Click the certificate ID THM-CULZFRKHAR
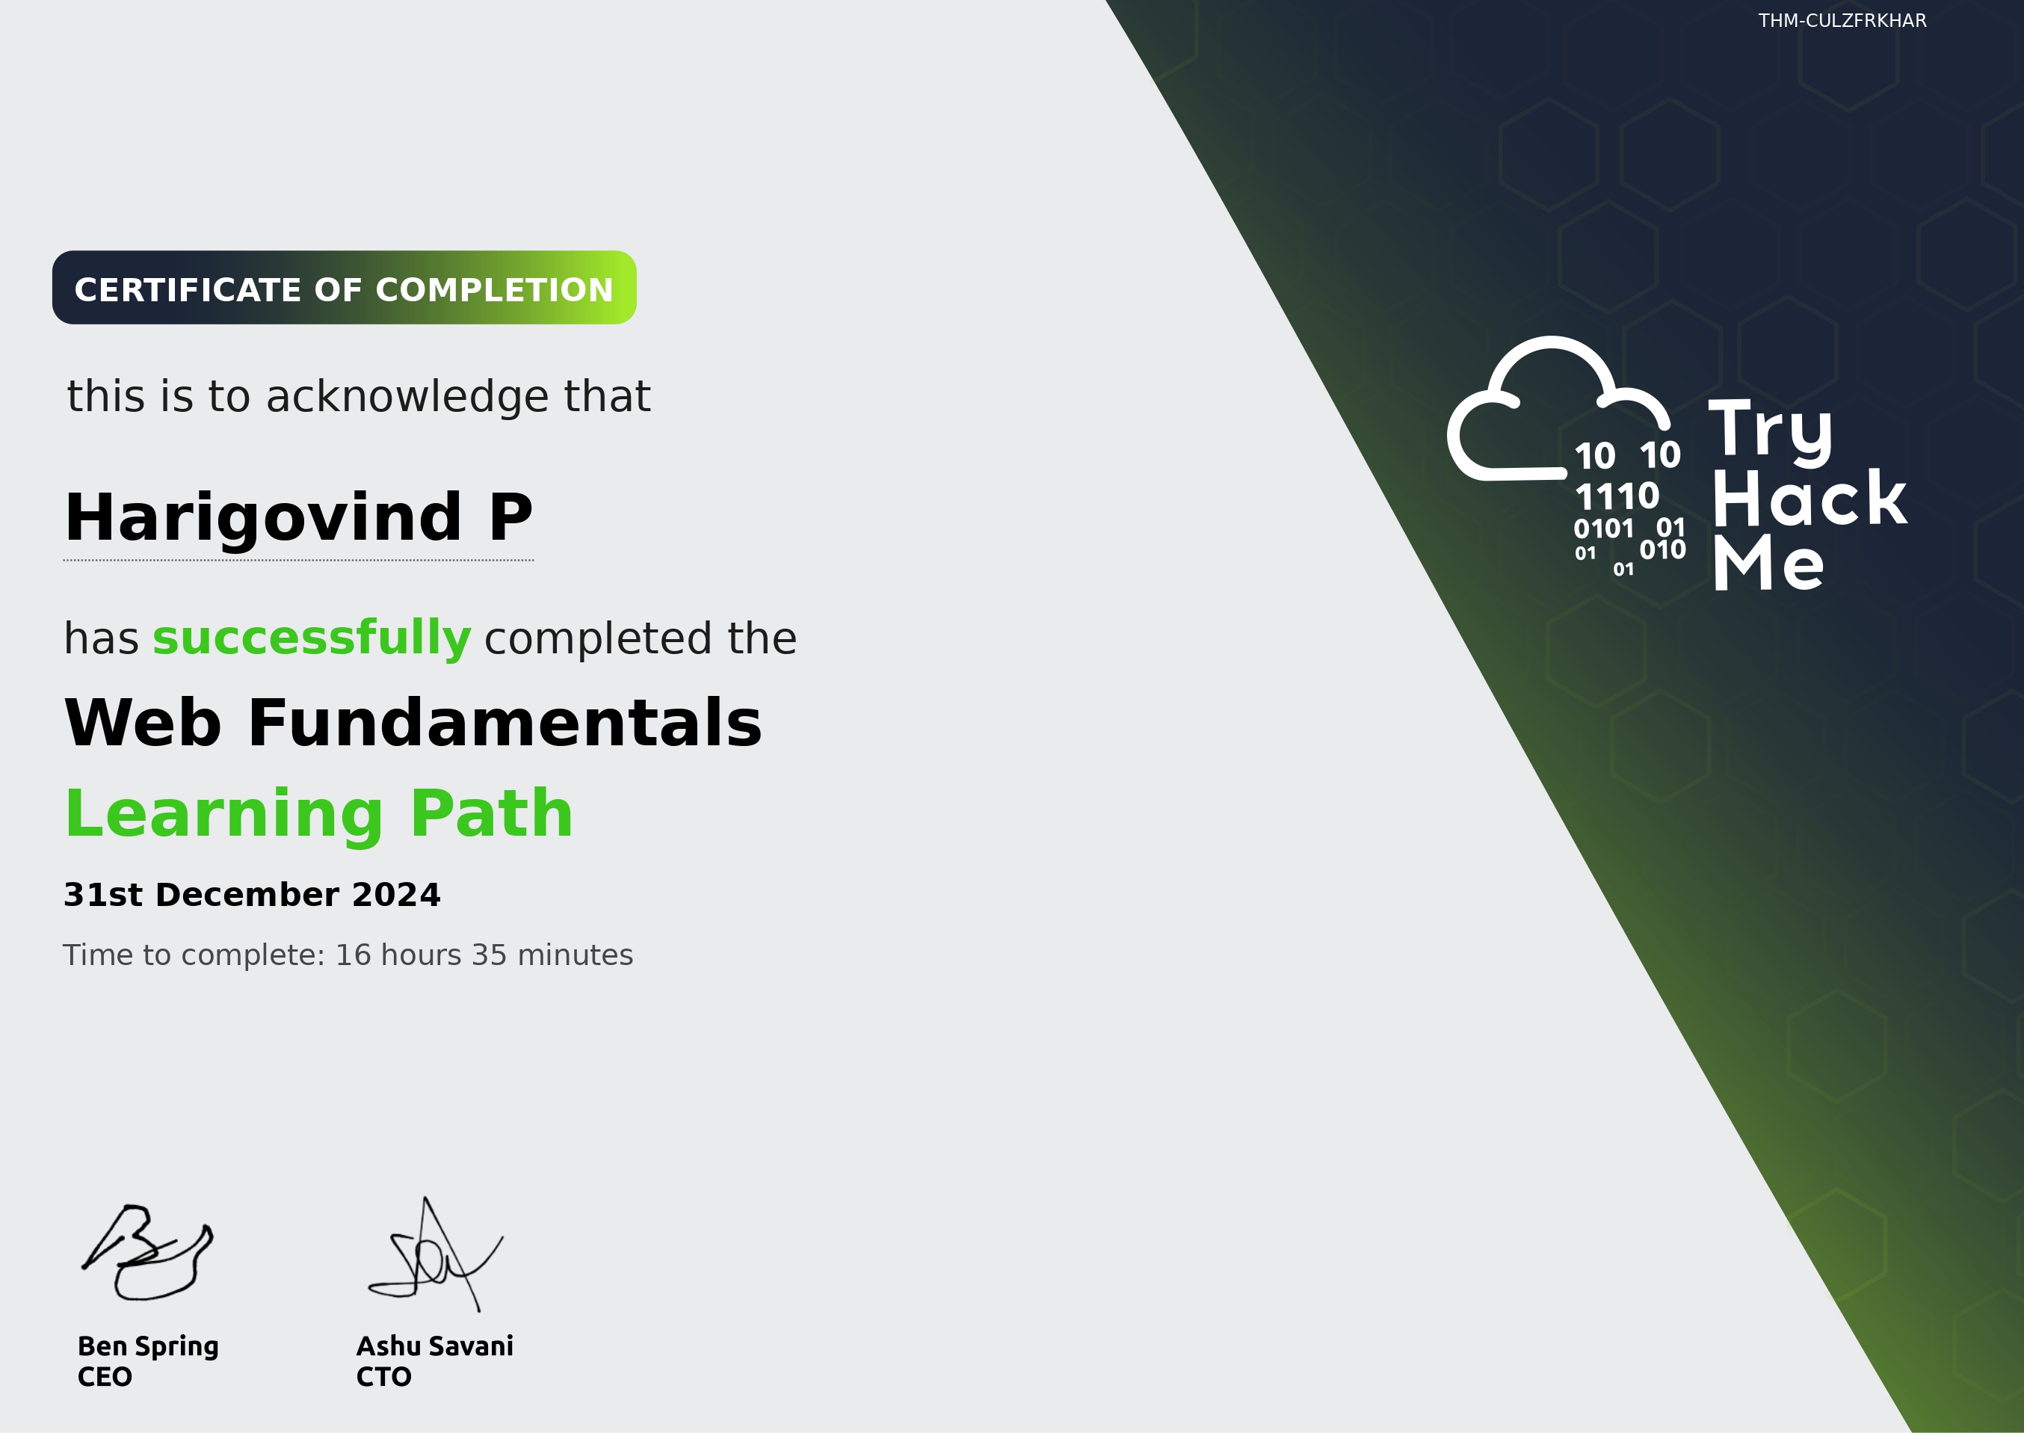(x=1842, y=20)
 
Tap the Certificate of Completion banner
(x=344, y=289)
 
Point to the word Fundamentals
(x=505, y=724)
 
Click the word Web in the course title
(x=143, y=724)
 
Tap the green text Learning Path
(x=319, y=813)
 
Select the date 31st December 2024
(x=251, y=895)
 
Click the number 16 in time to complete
(x=353, y=955)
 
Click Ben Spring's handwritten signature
(x=148, y=1253)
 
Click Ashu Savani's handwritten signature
(x=434, y=1257)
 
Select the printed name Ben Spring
(x=148, y=1346)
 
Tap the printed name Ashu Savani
(x=434, y=1346)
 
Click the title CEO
(x=105, y=1376)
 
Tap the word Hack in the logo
(x=1809, y=499)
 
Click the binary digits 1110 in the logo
(x=1617, y=496)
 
